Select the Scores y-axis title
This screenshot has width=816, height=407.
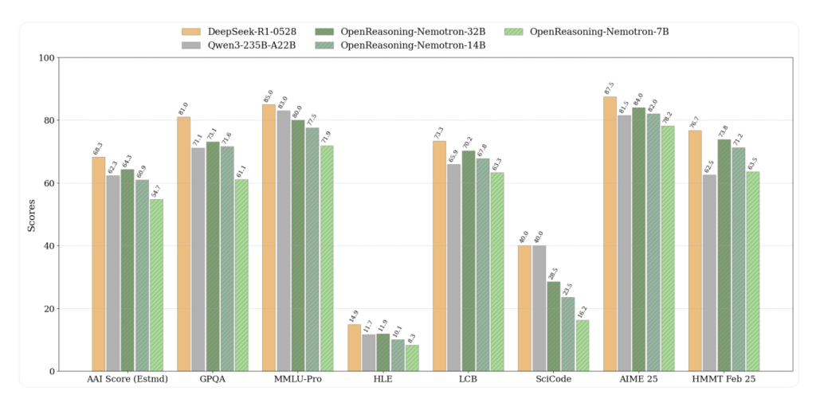click(32, 215)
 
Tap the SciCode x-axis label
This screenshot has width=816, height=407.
click(553, 379)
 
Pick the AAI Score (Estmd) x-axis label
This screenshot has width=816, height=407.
click(127, 379)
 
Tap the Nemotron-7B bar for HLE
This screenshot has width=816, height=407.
click(412, 358)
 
